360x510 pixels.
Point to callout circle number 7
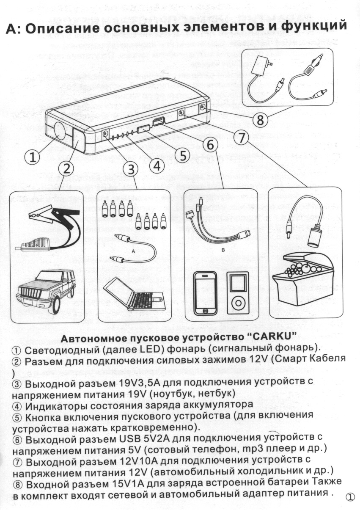[241, 138]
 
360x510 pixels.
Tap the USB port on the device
[159, 123]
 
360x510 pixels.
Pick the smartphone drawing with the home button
[205, 292]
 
